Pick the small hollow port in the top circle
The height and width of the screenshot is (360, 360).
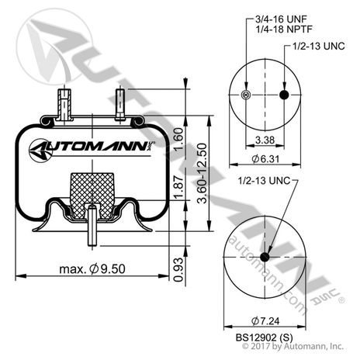[247, 95]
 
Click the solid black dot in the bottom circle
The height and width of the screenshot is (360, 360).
[264, 257]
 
